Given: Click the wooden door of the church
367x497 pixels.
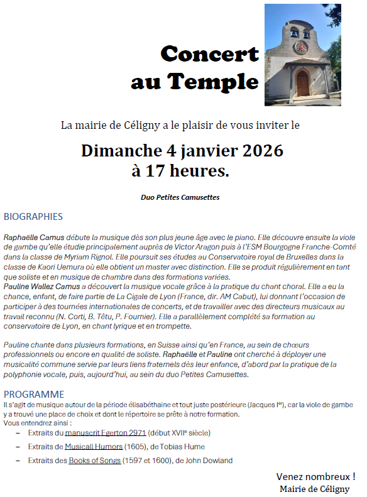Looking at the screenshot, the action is pyautogui.click(x=303, y=83).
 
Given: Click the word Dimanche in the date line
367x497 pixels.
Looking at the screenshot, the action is pyautogui.click(x=118, y=151).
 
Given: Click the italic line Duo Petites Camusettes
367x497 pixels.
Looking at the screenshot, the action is pyautogui.click(x=180, y=197).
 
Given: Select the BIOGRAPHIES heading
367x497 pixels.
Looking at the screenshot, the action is pyautogui.click(x=33, y=217).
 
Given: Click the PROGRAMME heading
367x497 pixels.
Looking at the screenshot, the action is pyautogui.click(x=34, y=395).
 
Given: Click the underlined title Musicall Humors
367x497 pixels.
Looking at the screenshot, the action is pyautogui.click(x=94, y=447).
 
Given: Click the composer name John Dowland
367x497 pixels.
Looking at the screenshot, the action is pyautogui.click(x=211, y=461).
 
